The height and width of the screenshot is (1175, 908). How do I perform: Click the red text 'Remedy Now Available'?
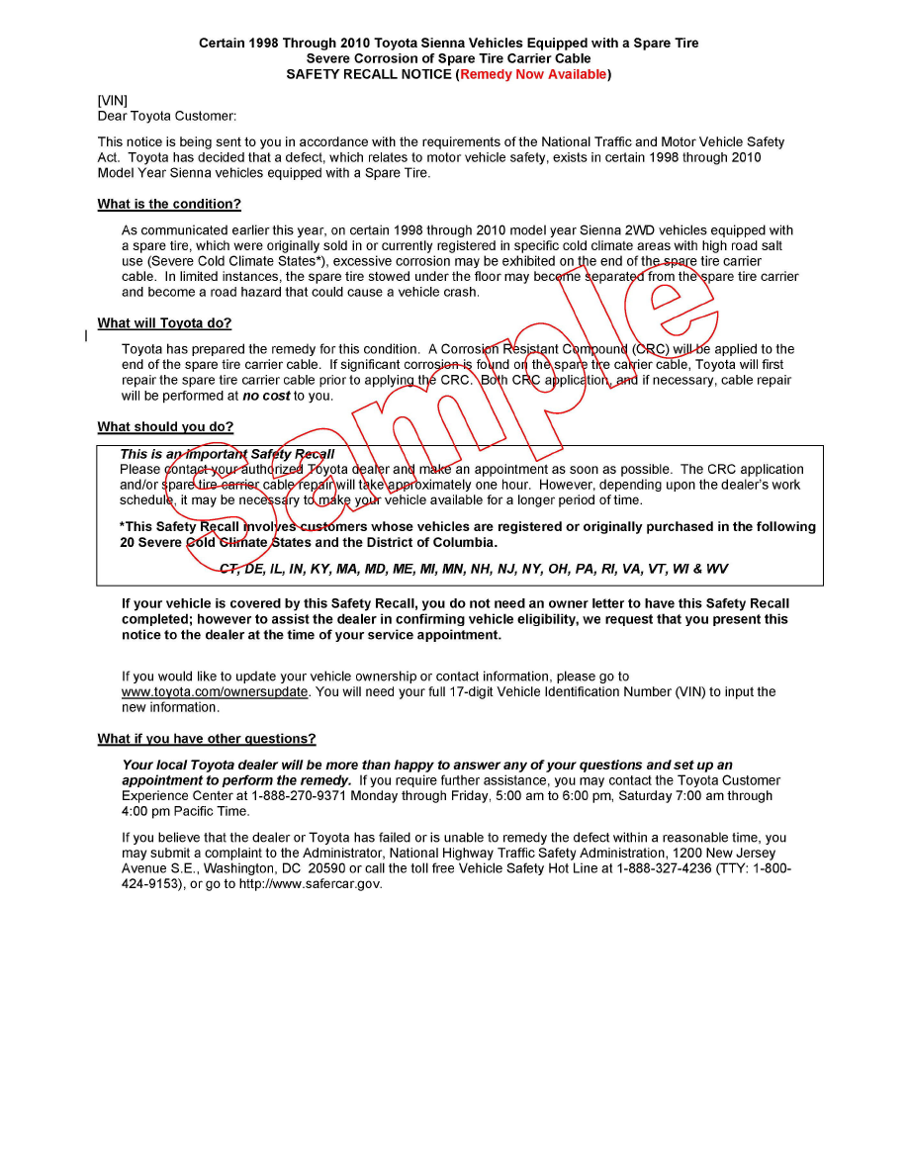click(533, 74)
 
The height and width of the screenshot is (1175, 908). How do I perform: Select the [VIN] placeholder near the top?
click(113, 100)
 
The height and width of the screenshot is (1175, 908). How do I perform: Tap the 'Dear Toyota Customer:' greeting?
click(167, 116)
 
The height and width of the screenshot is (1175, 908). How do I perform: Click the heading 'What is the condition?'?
click(169, 205)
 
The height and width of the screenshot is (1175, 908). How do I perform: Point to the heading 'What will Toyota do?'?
click(164, 323)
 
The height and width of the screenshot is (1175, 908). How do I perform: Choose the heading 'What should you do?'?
click(165, 427)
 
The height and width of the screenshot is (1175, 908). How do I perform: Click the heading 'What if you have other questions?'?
click(207, 739)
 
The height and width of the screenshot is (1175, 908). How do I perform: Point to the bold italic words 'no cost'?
click(266, 397)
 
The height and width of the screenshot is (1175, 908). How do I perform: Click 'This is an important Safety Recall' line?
click(227, 455)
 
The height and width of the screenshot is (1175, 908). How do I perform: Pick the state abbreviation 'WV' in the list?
click(716, 570)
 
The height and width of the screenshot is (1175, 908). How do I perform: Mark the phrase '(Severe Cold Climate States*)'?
click(235, 262)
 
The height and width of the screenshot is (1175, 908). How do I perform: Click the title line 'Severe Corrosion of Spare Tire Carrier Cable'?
click(448, 59)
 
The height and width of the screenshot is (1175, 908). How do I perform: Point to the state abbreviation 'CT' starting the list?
click(228, 570)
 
